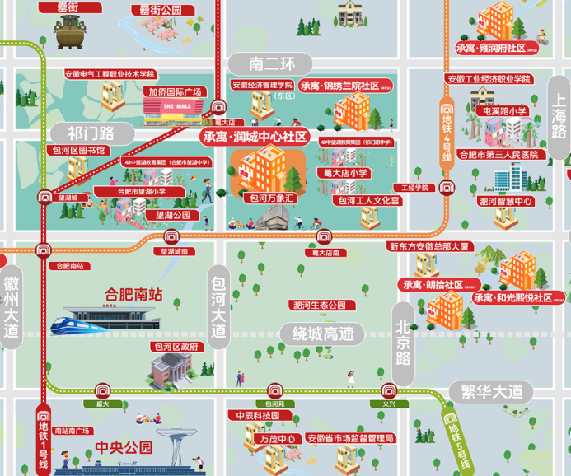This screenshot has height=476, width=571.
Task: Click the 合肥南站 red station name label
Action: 133,293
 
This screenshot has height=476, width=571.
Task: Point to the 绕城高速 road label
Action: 317,334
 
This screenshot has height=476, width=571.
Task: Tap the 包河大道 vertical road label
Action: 218,305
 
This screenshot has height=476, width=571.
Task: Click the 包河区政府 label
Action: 176,347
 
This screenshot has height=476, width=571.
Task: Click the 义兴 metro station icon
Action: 389,390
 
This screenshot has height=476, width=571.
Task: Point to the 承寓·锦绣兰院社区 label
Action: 339,85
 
